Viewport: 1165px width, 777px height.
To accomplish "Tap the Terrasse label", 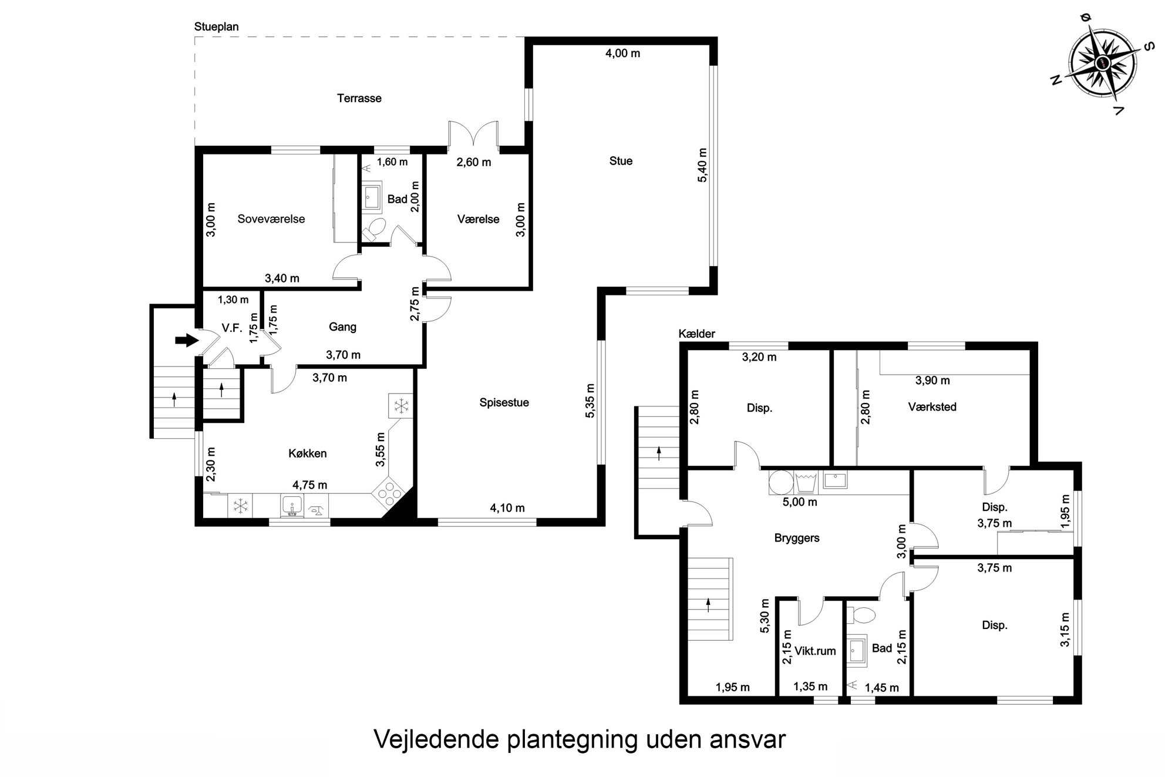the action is [x=359, y=98].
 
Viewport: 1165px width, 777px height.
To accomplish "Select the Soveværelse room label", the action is [x=271, y=219].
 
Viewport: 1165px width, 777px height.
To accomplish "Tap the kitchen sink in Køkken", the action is [x=292, y=505].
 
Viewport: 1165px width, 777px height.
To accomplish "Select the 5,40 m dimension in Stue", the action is [x=702, y=165].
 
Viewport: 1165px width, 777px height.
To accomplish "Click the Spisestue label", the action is [x=504, y=403].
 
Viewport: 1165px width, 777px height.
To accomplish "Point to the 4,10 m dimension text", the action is [x=507, y=508].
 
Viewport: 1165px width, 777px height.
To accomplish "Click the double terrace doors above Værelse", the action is [x=473, y=134].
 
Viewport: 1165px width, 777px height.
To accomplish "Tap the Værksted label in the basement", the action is [x=932, y=406].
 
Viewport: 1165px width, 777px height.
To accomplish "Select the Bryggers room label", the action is [x=797, y=538].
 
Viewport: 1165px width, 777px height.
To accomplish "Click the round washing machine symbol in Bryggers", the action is [x=781, y=482].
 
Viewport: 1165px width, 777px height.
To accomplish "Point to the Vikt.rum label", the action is [x=815, y=651].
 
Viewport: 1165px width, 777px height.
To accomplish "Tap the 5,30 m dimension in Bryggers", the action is [x=765, y=616].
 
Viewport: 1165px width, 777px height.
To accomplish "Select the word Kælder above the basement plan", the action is [x=697, y=334].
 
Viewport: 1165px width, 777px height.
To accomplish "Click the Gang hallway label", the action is [x=342, y=327].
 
